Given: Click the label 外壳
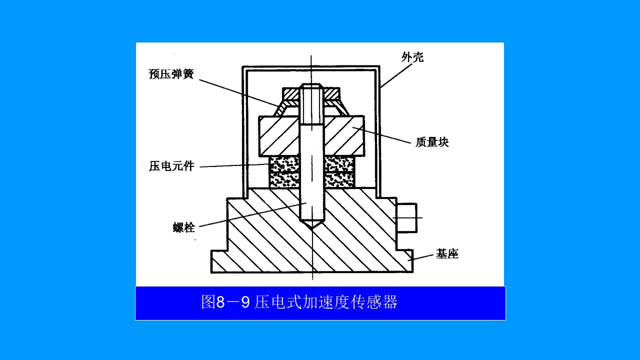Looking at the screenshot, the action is click(x=412, y=57).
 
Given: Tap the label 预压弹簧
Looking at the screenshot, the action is click(x=171, y=73).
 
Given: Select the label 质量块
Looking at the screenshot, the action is click(x=432, y=142).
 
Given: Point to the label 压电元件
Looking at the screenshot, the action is click(x=171, y=166).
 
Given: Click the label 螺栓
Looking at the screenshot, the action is click(x=184, y=227).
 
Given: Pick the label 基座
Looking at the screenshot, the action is click(x=447, y=253).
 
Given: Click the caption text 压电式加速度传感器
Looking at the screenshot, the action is click(x=326, y=302).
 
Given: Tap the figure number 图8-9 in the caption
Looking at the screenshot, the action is click(x=225, y=302).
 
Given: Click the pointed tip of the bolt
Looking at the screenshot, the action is click(x=311, y=228).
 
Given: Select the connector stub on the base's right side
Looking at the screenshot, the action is click(x=406, y=217).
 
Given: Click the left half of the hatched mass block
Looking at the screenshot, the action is click(x=279, y=136).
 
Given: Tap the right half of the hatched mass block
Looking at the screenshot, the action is click(x=344, y=136).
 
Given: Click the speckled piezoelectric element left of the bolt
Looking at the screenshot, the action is click(x=284, y=172).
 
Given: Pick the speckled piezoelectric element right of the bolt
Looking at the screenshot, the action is click(x=339, y=172).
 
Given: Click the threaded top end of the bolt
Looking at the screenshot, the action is click(x=311, y=103).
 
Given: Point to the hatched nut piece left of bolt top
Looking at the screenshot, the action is click(x=291, y=93).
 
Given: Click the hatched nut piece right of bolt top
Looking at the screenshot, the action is click(x=331, y=93).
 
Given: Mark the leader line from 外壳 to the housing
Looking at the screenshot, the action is click(x=396, y=76).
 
